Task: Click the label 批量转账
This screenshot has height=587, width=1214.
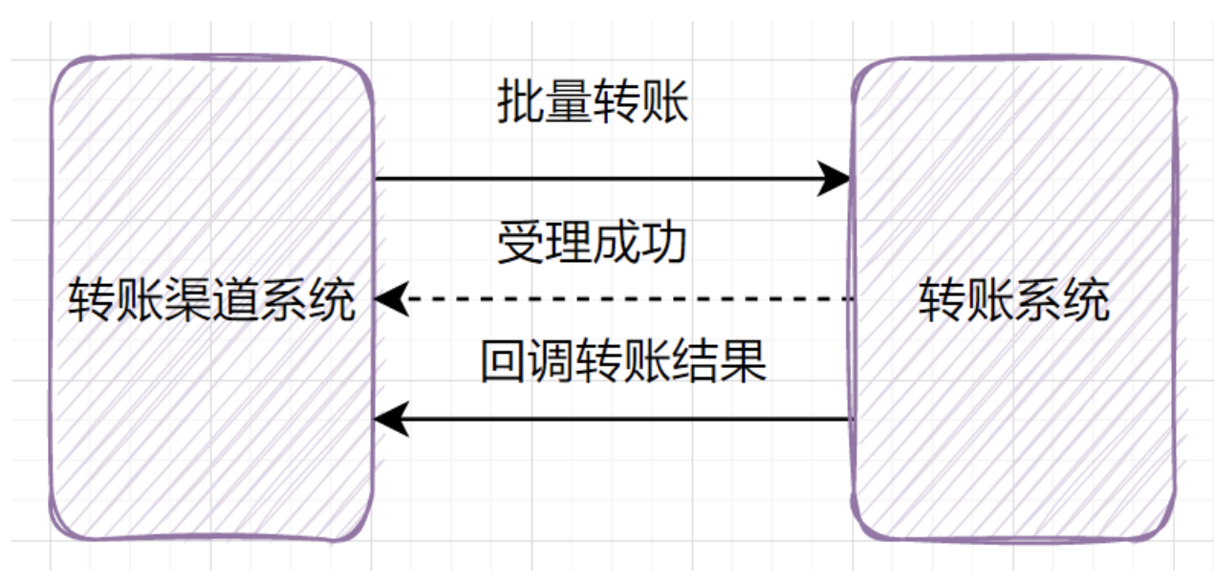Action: pos(593,102)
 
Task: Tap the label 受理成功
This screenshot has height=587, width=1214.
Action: pos(593,244)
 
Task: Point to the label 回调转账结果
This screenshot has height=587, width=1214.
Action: pos(623,363)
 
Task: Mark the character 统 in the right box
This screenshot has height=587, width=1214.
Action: pos(1086,302)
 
